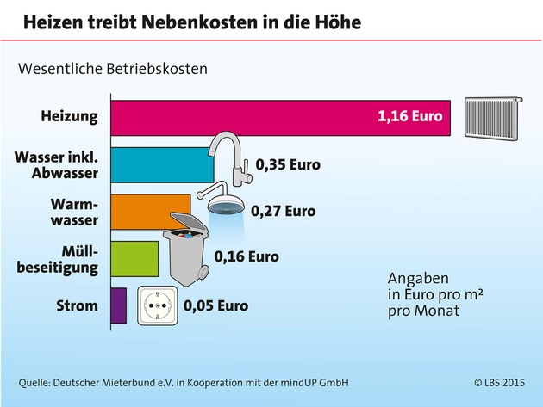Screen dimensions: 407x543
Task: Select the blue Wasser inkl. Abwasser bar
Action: (x=164, y=163)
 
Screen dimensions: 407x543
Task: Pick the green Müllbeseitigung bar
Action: (x=134, y=257)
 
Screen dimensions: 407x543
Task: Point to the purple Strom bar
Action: (x=119, y=305)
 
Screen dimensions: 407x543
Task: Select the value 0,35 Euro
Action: (x=287, y=163)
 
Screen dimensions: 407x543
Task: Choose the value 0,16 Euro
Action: (x=247, y=256)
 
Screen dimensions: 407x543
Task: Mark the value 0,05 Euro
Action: (x=215, y=305)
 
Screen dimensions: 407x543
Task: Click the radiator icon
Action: (x=496, y=116)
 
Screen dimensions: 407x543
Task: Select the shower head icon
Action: (x=223, y=202)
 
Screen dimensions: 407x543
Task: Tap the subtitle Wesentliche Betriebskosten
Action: (x=114, y=67)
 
